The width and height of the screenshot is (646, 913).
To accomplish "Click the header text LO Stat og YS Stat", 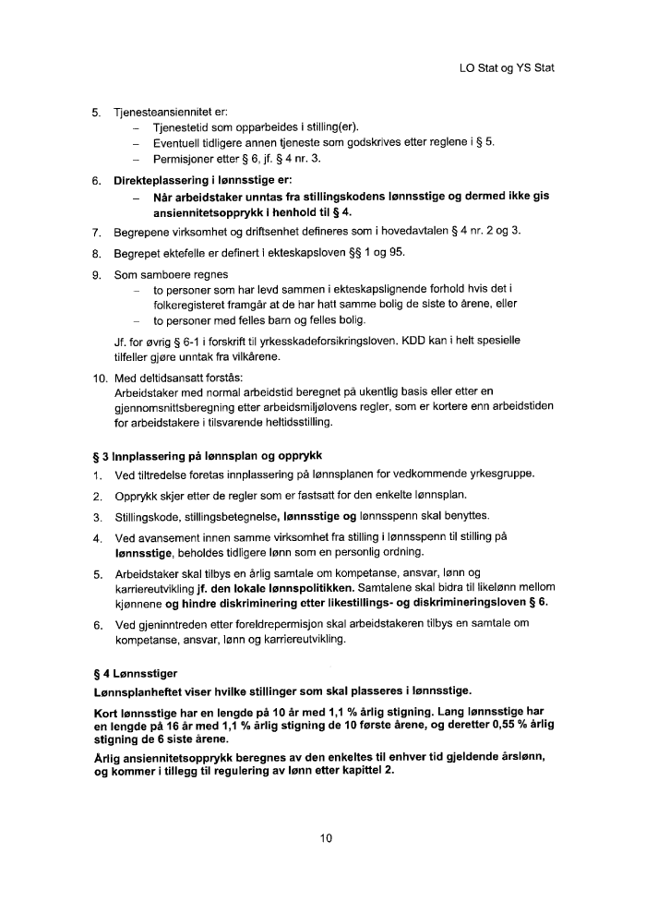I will (506, 68).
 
